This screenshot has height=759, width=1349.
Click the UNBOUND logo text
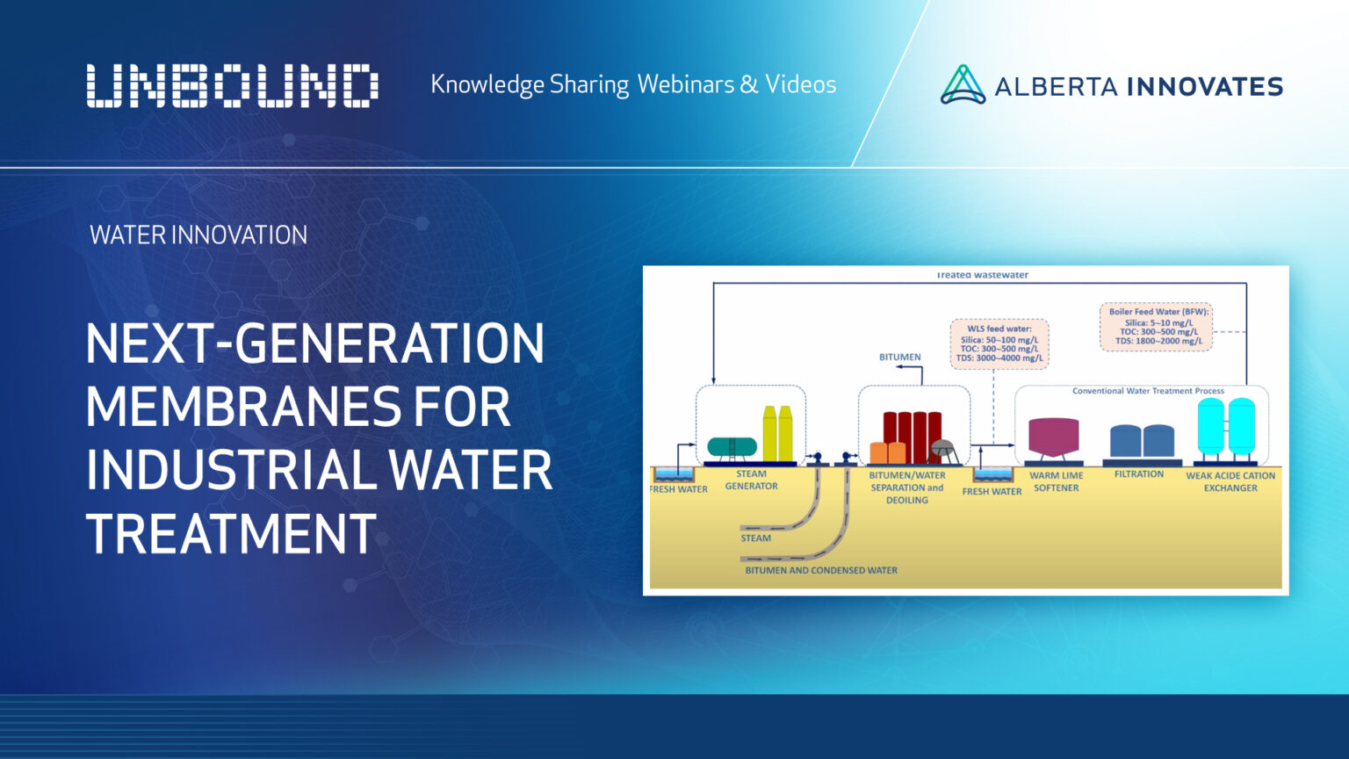pos(232,86)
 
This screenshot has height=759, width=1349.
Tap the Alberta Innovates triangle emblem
pos(963,85)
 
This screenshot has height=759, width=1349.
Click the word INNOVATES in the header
pos(1204,86)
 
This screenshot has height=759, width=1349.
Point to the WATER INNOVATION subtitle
pos(198,235)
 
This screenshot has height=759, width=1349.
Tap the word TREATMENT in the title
pos(231,533)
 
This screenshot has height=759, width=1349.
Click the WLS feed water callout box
pos(999,343)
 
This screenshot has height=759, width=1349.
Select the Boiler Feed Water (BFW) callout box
pos(1157,327)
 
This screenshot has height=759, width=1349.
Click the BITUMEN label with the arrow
pos(900,358)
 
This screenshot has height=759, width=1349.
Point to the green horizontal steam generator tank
pos(731,446)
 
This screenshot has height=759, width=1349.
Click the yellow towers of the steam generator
pos(777,434)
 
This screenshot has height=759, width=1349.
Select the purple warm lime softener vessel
pos(1053,437)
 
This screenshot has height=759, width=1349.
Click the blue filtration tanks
pos(1142,440)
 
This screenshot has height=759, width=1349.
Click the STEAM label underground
pos(755,539)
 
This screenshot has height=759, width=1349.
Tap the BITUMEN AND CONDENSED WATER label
pos(821,570)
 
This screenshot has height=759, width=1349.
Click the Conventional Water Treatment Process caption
pos(1148,391)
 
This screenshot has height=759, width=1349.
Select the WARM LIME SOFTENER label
pos(1056,481)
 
